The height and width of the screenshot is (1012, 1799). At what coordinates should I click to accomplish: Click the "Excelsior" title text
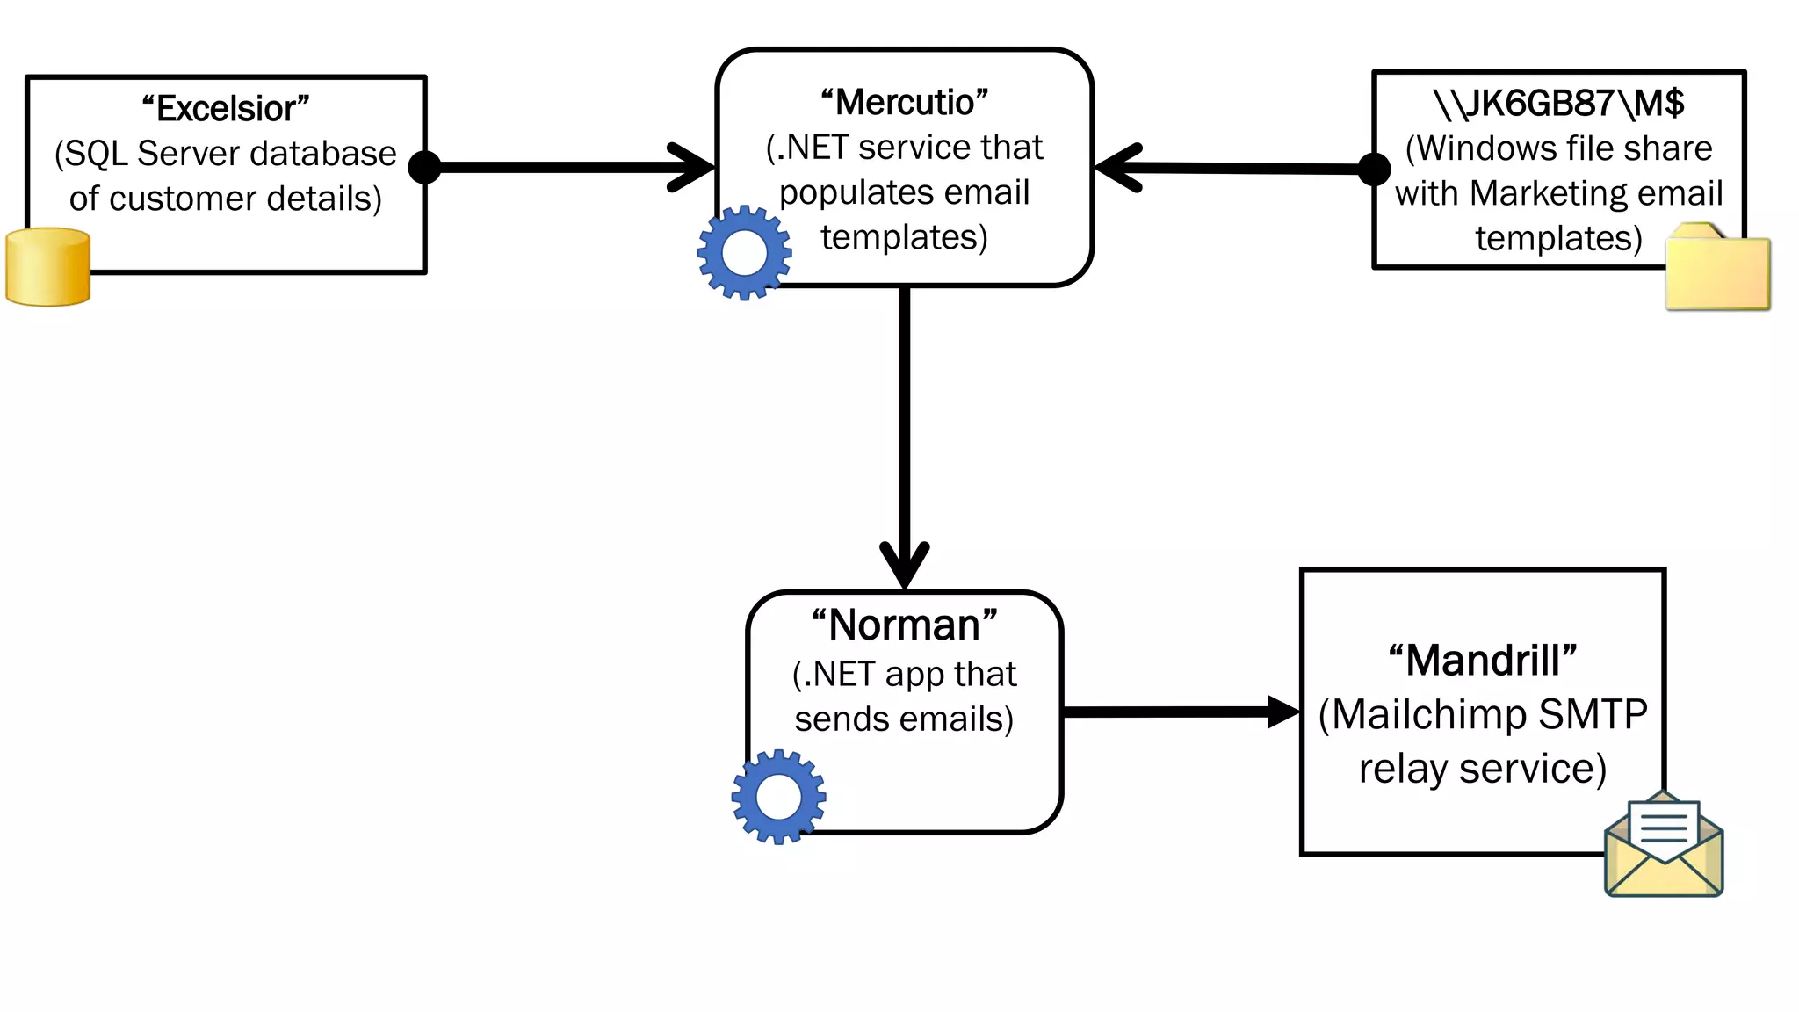tap(226, 108)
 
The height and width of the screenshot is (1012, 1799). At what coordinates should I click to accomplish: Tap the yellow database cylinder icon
tap(48, 267)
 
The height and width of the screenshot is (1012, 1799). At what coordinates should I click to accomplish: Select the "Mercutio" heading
tap(904, 102)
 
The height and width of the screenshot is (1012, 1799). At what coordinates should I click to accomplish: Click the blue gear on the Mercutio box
tap(744, 253)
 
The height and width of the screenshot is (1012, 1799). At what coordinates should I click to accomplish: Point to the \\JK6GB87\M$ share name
tap(1558, 103)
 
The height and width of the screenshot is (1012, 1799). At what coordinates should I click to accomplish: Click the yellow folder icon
tap(1717, 270)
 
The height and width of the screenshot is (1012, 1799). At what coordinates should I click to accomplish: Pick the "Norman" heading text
tap(904, 625)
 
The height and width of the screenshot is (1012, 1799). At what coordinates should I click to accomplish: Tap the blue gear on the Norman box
tap(778, 797)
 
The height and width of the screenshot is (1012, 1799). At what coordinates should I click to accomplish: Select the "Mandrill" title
tap(1483, 660)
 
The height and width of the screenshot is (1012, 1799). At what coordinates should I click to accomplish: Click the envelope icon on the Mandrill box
tap(1664, 845)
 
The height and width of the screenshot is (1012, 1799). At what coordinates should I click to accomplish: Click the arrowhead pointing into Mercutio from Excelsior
tap(694, 166)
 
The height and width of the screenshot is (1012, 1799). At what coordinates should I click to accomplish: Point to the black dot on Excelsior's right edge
tap(426, 167)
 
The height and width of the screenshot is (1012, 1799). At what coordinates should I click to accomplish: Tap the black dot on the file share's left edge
tap(1374, 169)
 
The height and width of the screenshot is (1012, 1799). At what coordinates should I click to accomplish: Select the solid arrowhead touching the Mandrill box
tap(1283, 712)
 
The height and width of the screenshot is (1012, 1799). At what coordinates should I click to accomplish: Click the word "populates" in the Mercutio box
tap(838, 192)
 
